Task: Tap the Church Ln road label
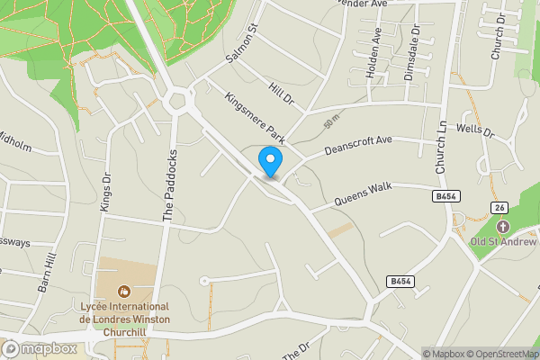tap(441, 146)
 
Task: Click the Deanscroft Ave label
tap(359, 144)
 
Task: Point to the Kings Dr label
tap(106, 191)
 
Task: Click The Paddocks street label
tap(166, 186)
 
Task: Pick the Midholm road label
tap(15, 142)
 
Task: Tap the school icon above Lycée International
tap(124, 291)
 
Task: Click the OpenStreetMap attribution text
tap(500, 354)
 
